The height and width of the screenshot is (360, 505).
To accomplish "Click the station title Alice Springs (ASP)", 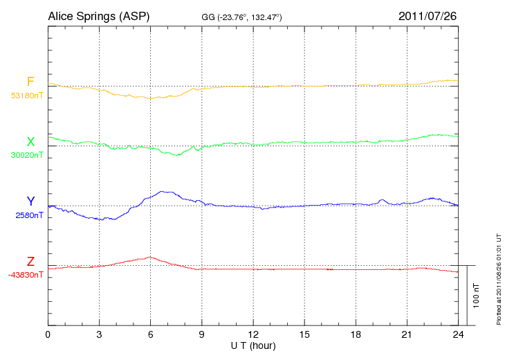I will coord(98,16).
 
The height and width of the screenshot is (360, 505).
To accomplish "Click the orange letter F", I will coord(30,82).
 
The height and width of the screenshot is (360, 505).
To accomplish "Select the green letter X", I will coord(30,142).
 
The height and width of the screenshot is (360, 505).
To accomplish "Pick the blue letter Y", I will coord(30,201).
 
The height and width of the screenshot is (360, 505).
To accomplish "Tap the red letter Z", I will coord(30,262).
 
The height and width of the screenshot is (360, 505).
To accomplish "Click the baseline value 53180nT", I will coord(26,96).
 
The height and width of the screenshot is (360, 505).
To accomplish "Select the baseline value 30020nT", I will coord(26,156).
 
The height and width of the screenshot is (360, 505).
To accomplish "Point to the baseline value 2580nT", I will coord(29,215).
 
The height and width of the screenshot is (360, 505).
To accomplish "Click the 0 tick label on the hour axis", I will coord(48,335).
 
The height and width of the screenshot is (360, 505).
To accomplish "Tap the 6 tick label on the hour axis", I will coord(150,335).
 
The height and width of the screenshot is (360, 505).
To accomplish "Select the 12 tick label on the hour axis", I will coord(253,335).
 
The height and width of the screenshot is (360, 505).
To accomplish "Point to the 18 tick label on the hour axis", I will coord(356,335).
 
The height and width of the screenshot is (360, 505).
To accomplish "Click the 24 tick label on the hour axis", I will coord(458,335).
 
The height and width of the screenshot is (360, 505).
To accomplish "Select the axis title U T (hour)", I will coord(253,345).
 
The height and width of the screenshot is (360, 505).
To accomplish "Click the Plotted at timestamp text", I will coord(499,277).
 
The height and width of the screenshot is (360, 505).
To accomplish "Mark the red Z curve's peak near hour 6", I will coord(149,257).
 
